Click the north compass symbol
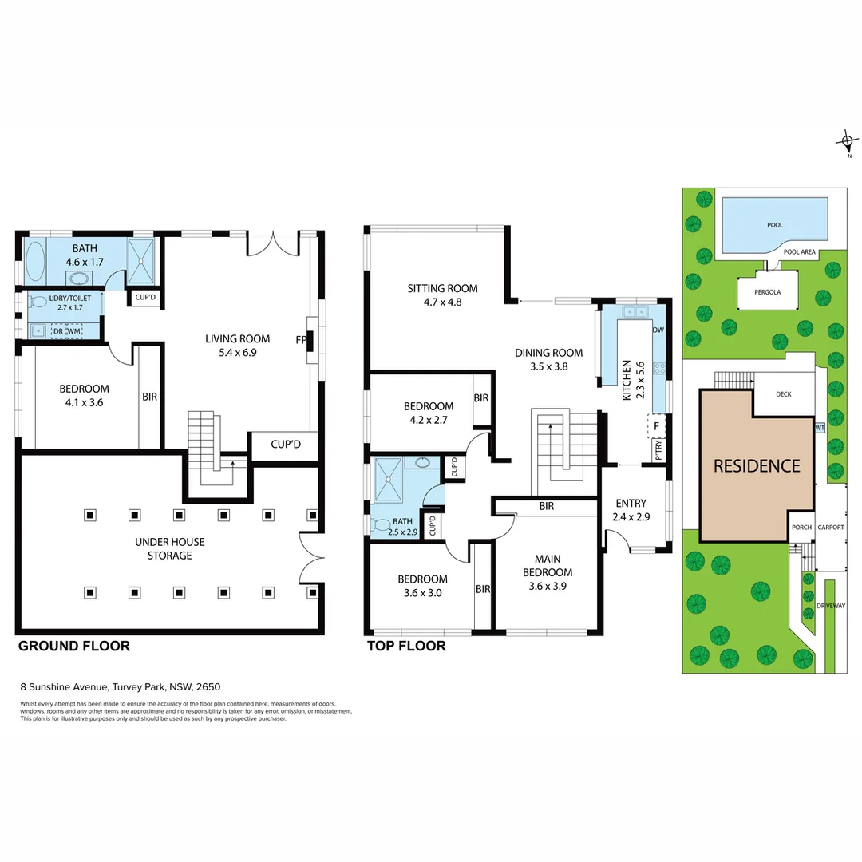tap(847, 144)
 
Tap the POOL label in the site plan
tap(774, 225)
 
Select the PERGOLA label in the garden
tap(767, 292)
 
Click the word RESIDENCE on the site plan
tap(756, 465)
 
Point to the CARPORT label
tap(830, 527)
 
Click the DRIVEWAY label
tap(830, 606)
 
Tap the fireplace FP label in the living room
tap(301, 339)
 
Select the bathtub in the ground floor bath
tap(36, 260)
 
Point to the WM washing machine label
tap(74, 330)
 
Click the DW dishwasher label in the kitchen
tap(658, 330)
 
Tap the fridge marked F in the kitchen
tap(656, 426)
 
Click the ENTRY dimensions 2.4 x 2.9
tap(631, 517)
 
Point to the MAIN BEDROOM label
tap(548, 566)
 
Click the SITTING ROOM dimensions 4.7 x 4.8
tap(442, 302)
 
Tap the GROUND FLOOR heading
tap(73, 646)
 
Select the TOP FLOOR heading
tap(405, 646)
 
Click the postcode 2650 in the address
tap(209, 686)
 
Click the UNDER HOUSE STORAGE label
tap(169, 548)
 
